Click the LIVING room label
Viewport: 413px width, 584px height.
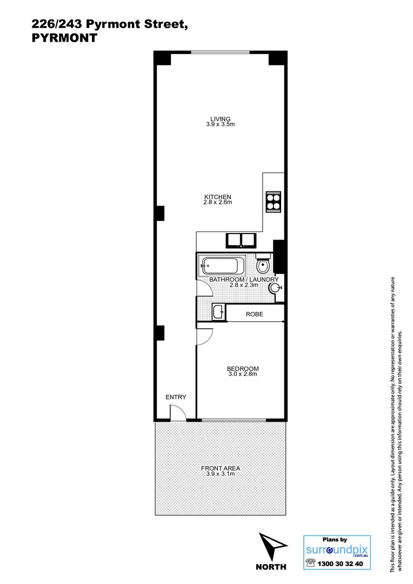click(x=221, y=119)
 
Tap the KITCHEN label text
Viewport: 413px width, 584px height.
click(x=218, y=197)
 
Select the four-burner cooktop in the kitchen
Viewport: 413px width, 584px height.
click(x=273, y=201)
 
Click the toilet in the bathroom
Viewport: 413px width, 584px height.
click(x=263, y=265)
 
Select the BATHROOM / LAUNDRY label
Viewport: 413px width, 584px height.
click(x=244, y=279)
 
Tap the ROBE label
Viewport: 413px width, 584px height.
click(x=254, y=314)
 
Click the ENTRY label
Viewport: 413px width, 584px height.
click(x=176, y=397)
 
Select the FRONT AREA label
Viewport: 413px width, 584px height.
click(x=221, y=468)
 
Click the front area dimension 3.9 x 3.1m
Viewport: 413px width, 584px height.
click(x=221, y=474)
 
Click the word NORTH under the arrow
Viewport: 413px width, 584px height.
click(x=271, y=567)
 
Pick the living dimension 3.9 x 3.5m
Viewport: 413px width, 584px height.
click(x=221, y=124)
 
